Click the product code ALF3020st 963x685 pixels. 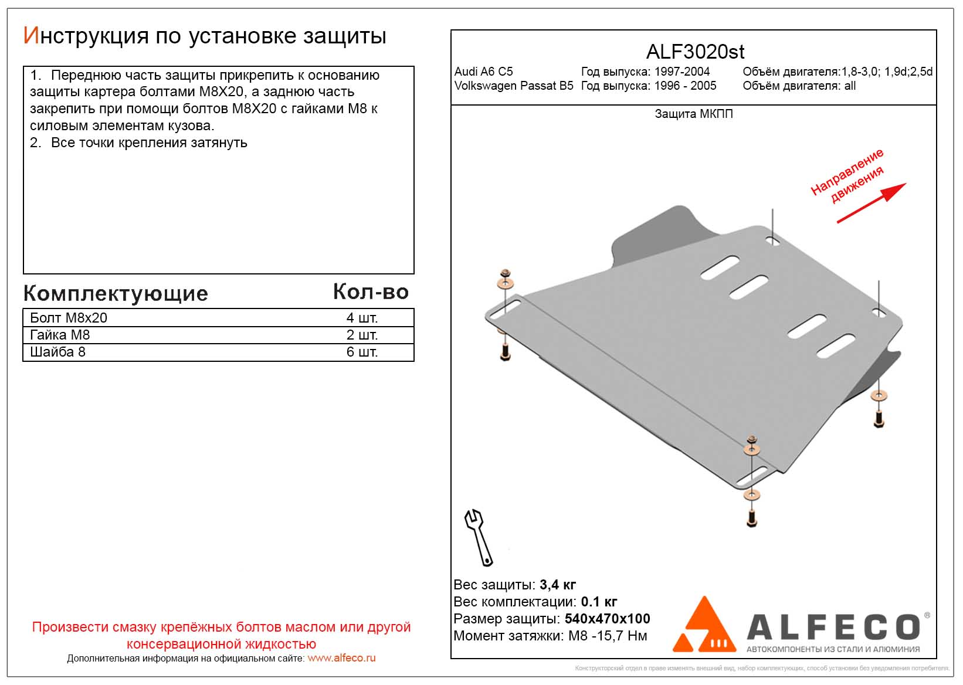pyautogui.click(x=695, y=52)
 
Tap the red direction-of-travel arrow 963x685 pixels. pyautogui.click(x=871, y=203)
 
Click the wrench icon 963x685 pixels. pyautogui.click(x=479, y=537)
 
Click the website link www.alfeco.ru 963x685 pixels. pyautogui.click(x=341, y=658)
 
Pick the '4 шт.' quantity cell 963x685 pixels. pyautogui.click(x=362, y=318)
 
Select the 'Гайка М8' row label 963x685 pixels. pyautogui.click(x=60, y=335)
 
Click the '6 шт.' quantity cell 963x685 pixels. pyautogui.click(x=362, y=352)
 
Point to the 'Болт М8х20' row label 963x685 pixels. pyautogui.click(x=69, y=318)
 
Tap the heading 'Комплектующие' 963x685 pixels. pyautogui.click(x=116, y=293)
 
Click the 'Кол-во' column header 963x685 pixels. pyautogui.click(x=371, y=291)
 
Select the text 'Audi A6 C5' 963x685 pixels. pyautogui.click(x=483, y=72)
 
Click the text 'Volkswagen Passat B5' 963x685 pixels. pyautogui.click(x=514, y=86)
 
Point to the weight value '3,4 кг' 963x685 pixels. pyautogui.click(x=557, y=585)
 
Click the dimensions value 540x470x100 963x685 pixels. pyautogui.click(x=607, y=619)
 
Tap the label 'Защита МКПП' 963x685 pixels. pyautogui.click(x=694, y=114)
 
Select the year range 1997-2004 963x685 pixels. pyautogui.click(x=682, y=72)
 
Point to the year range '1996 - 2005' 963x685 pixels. pyautogui.click(x=685, y=86)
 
